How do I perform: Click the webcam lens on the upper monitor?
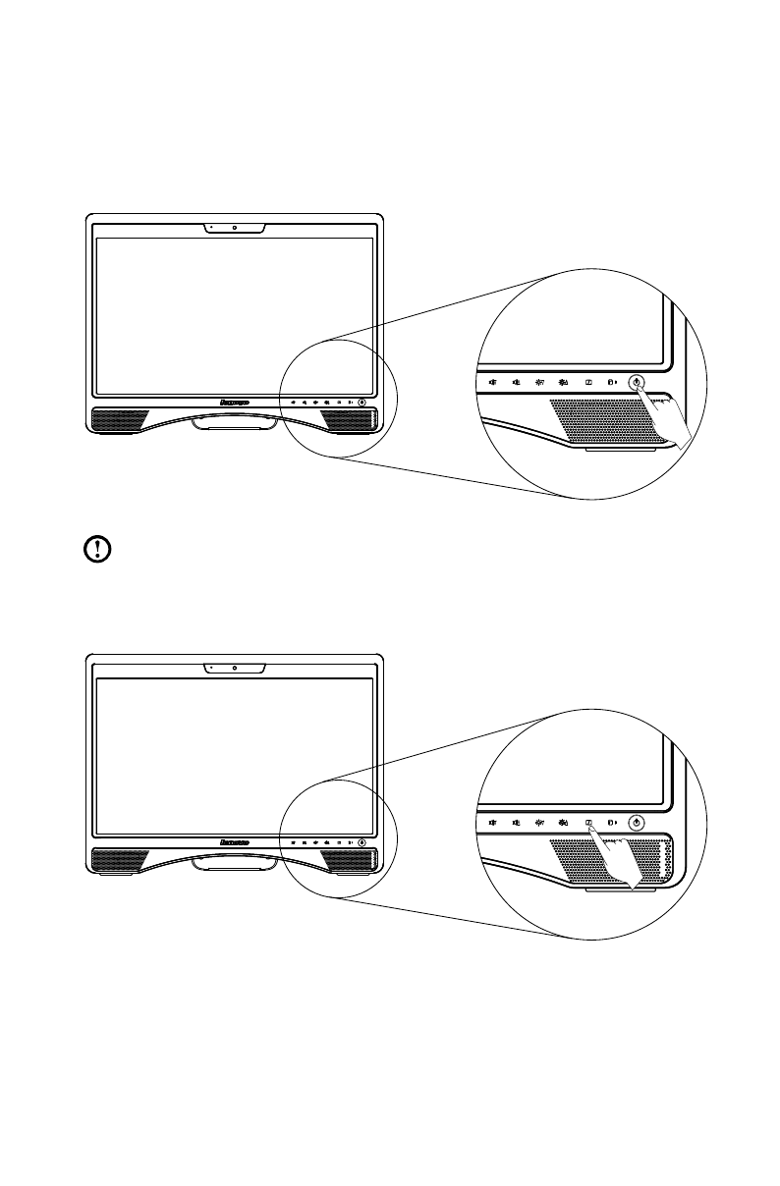point(236,228)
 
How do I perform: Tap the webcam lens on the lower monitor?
point(236,668)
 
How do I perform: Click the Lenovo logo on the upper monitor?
point(235,402)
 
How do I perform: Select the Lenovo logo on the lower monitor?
point(235,841)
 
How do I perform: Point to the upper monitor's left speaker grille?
point(119,419)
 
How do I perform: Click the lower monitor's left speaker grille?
point(119,859)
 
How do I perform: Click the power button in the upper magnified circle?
point(638,383)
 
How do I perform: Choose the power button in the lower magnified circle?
point(638,823)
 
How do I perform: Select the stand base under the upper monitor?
point(236,423)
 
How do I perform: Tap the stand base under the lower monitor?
point(236,863)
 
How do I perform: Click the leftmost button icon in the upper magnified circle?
point(491,383)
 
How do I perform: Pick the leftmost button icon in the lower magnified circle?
point(491,823)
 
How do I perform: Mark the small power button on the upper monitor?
point(362,402)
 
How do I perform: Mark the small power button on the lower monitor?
point(362,841)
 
